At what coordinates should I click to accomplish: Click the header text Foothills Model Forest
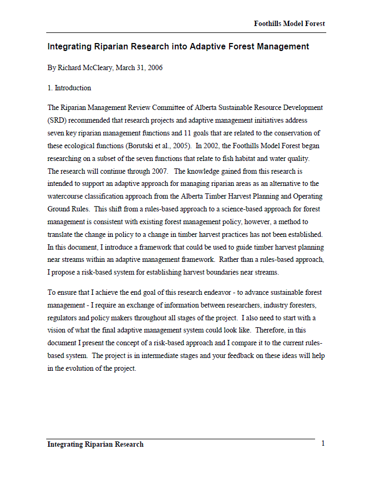click(x=289, y=24)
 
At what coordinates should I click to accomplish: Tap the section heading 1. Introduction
click(x=69, y=88)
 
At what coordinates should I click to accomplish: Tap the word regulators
click(x=64, y=318)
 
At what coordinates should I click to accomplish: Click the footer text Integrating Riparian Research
click(x=96, y=445)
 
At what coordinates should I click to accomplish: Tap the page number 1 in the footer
click(x=323, y=444)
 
